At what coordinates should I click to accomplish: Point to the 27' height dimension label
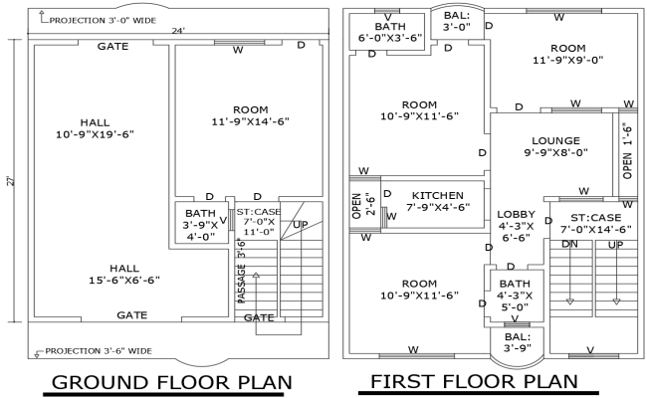[9, 181]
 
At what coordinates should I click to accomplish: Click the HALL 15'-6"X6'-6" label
[123, 275]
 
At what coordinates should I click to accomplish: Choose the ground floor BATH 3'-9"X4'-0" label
[200, 225]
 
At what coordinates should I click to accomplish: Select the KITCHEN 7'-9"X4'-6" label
[436, 201]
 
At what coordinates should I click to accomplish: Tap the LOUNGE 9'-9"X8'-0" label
[547, 146]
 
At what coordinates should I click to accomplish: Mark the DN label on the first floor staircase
[570, 244]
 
